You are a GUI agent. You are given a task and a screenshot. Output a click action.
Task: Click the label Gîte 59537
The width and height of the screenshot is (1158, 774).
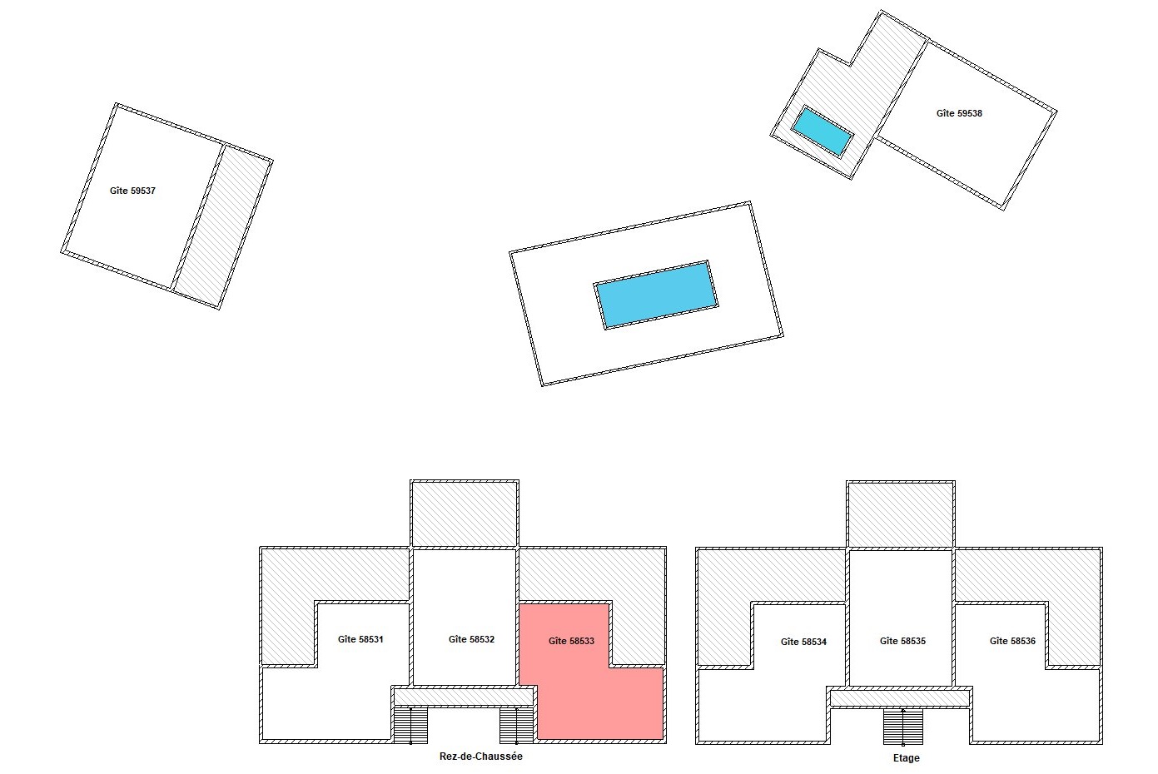click(132, 191)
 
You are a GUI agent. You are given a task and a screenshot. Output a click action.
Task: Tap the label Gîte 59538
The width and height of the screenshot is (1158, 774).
click(959, 113)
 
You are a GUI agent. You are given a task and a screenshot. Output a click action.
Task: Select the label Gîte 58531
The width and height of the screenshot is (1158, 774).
click(360, 639)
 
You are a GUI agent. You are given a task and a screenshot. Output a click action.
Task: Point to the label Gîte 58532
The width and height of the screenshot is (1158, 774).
click(471, 639)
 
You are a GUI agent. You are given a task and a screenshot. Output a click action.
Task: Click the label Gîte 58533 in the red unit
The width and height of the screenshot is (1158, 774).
click(571, 641)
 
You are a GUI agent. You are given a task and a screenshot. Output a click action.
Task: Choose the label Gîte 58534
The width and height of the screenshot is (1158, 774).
click(803, 642)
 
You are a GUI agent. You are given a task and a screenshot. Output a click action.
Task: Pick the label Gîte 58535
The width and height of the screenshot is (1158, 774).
click(902, 641)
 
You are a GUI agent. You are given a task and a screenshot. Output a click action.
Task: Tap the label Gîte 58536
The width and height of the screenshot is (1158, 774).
click(1012, 641)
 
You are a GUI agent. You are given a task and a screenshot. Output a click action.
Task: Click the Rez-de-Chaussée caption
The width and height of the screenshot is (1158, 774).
click(481, 757)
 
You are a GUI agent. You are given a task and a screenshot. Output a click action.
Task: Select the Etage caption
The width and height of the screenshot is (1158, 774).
click(907, 758)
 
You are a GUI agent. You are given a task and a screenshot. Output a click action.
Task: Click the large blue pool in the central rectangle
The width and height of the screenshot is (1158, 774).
click(656, 295)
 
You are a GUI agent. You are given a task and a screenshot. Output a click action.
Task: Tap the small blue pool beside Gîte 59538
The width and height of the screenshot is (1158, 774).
click(822, 131)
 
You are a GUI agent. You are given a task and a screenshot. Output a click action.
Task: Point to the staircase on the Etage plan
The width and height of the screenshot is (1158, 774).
click(902, 726)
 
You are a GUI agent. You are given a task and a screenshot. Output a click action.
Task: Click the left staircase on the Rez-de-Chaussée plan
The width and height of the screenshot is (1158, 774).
click(411, 724)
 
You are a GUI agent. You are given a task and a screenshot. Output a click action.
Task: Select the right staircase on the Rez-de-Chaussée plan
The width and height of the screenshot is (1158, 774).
click(516, 724)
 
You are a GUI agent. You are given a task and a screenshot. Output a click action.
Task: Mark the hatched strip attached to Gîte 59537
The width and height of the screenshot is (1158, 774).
click(222, 226)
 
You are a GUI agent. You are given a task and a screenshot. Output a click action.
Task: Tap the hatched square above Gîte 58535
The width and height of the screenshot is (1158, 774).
click(901, 514)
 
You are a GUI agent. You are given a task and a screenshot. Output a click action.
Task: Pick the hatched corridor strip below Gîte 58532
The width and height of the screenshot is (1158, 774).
click(463, 697)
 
